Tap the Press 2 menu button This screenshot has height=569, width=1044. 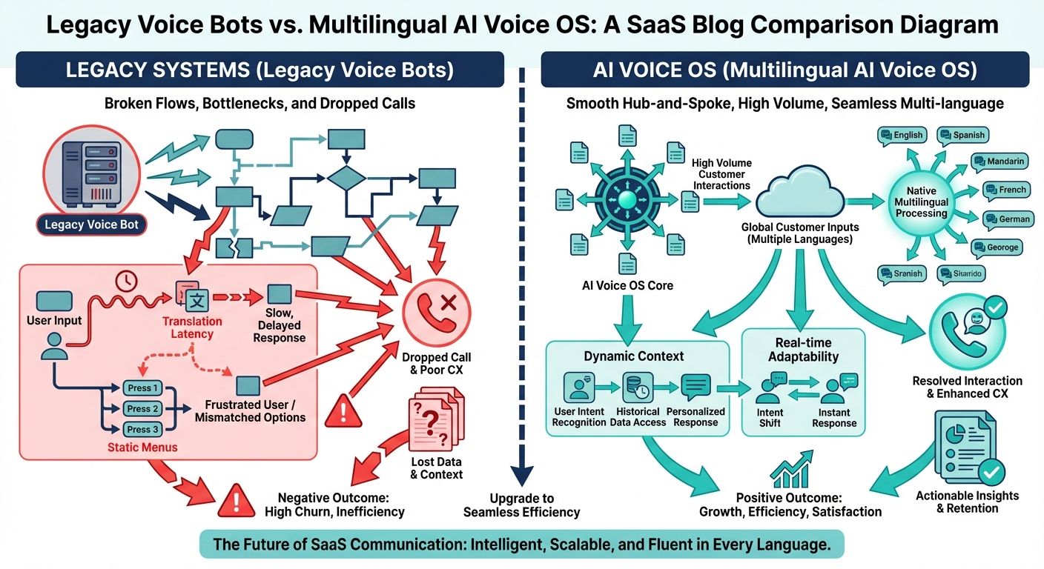click(x=142, y=409)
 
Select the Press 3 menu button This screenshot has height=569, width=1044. click(x=142, y=429)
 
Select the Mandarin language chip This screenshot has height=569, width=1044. click(x=1000, y=162)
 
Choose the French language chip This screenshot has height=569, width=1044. click(x=1005, y=190)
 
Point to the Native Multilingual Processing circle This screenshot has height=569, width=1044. click(x=921, y=202)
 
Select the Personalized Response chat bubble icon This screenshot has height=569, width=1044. click(x=696, y=387)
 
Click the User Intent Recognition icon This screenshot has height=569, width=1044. click(x=579, y=387)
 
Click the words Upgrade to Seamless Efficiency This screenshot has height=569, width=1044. click(x=521, y=505)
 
